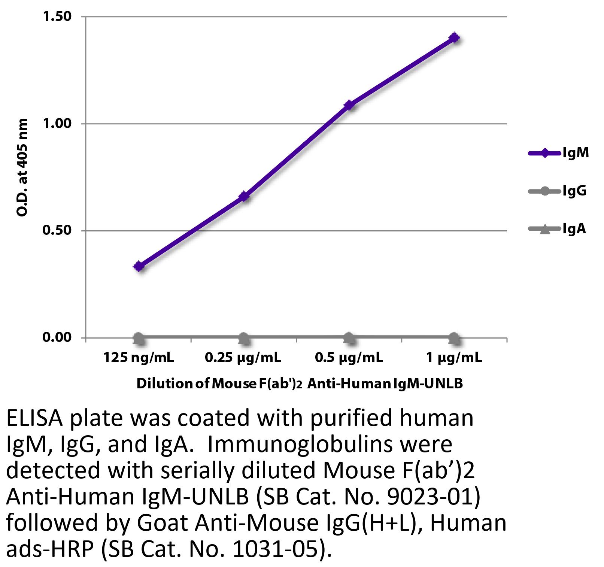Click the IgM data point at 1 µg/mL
click(454, 38)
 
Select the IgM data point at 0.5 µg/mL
click(349, 105)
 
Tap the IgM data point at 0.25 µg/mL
click(244, 196)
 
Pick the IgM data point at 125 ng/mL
click(139, 267)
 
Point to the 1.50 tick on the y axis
click(57, 16)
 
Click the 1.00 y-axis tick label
click(57, 124)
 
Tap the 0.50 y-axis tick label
click(57, 230)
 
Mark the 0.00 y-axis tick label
click(57, 337)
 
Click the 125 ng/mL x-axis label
click(139, 358)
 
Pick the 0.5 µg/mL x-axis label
click(349, 358)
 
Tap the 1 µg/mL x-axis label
click(454, 358)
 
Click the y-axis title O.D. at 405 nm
click(22, 167)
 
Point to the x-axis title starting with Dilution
click(300, 383)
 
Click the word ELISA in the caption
click(35, 418)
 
